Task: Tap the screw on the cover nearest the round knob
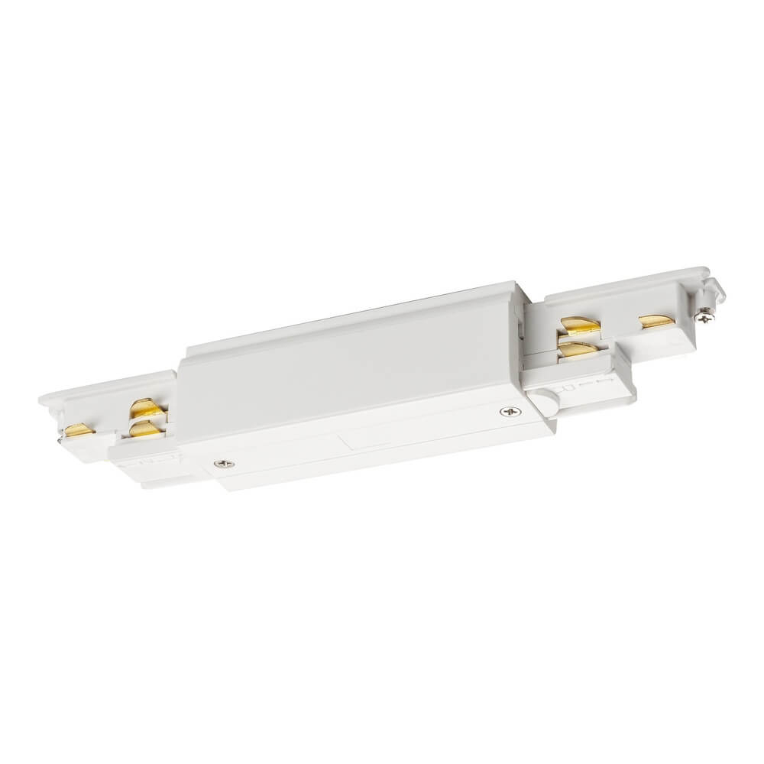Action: (507, 412)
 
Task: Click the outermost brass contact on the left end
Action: (79, 430)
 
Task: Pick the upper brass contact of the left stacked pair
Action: (143, 407)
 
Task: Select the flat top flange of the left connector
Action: (107, 386)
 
